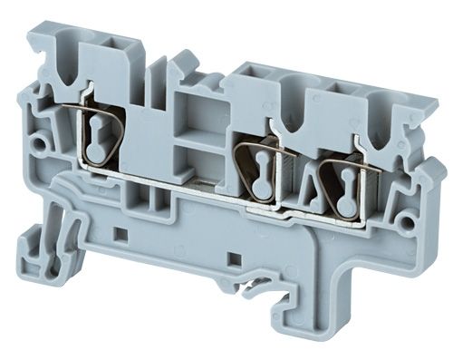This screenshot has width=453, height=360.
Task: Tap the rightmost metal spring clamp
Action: tap(342, 177)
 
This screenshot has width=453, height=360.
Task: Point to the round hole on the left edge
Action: tap(38, 143)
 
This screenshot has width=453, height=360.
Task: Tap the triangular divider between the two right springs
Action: tap(302, 187)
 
